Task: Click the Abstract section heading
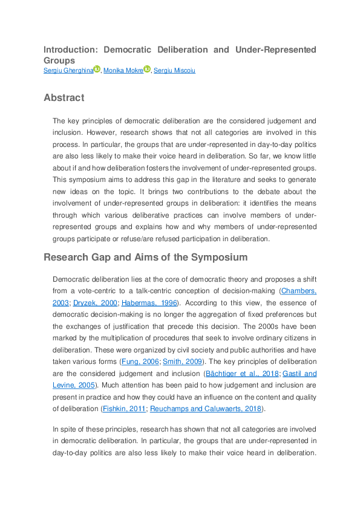(x=64, y=97)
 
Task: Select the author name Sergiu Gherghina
(x=68, y=71)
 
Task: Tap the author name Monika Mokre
(x=123, y=71)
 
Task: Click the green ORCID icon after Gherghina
(x=97, y=70)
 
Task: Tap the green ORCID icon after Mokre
(x=146, y=70)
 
